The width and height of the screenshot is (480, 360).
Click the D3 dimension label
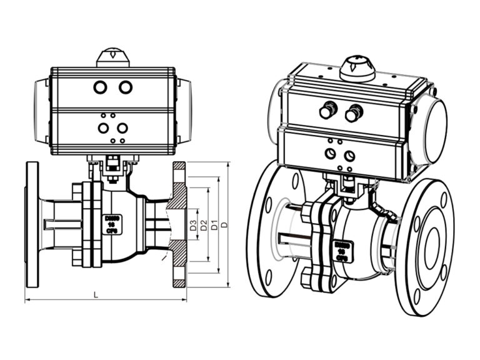tap(194, 226)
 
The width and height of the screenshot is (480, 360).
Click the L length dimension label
tap(94, 294)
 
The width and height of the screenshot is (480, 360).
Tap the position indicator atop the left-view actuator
tap(112, 57)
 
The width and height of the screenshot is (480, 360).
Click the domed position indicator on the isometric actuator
tap(357, 67)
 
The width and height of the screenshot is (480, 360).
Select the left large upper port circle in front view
tap(100, 87)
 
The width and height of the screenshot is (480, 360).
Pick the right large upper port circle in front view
tap(126, 87)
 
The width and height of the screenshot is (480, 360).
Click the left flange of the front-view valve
tap(32, 224)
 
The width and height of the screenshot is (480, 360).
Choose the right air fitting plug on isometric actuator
tap(353, 114)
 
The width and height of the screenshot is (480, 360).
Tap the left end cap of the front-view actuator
tap(42, 110)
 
